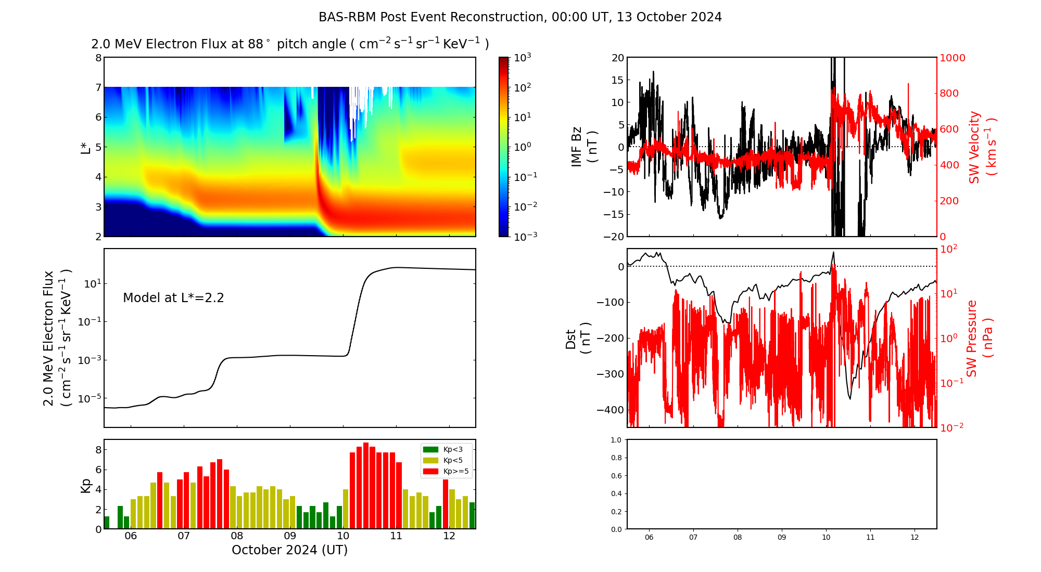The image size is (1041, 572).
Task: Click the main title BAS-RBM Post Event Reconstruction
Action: pos(432,17)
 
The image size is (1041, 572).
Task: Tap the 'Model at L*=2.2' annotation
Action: pos(173,298)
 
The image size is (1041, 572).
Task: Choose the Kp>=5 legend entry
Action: pos(446,471)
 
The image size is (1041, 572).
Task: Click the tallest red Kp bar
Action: pos(366,486)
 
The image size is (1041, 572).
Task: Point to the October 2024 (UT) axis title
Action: pos(290,550)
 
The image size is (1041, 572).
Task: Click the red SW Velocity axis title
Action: pos(981,147)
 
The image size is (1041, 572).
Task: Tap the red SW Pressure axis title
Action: pos(980,338)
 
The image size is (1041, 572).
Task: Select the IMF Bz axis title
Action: pos(584,147)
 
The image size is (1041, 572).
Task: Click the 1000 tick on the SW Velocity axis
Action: pos(952,58)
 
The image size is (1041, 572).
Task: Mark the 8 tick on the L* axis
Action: pos(98,58)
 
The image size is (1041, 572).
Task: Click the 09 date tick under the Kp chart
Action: pos(290,536)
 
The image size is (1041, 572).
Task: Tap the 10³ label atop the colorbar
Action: pos(522,57)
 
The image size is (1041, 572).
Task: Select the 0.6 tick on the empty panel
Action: pos(616,476)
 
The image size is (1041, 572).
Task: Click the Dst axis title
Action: pos(578,338)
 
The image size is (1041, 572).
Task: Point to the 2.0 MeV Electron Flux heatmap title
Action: pos(290,44)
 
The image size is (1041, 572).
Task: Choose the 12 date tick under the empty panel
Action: pos(915,537)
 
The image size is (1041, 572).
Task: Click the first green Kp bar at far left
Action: pos(107,523)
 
